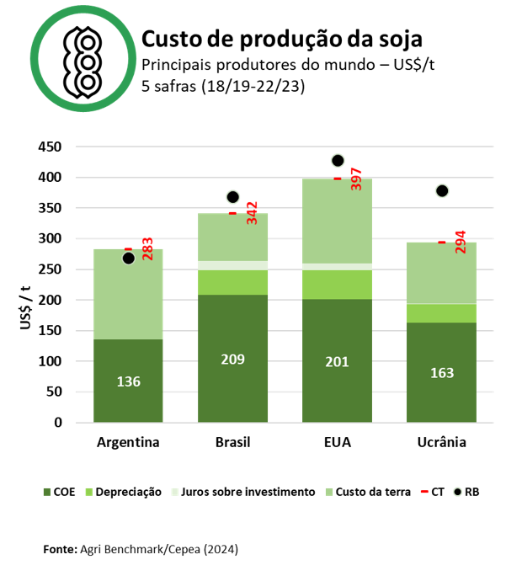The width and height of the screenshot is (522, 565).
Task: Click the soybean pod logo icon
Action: [83, 61]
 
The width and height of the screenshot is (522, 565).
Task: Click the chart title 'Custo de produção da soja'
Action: [281, 40]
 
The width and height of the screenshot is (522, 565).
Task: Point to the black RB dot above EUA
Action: [338, 161]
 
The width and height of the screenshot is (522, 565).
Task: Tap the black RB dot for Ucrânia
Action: [442, 191]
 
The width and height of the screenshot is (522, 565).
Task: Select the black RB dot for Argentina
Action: [128, 259]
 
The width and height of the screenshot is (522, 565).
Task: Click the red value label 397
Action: [355, 179]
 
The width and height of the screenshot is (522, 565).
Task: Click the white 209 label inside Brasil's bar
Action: [232, 360]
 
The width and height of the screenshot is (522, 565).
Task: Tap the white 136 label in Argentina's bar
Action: [128, 381]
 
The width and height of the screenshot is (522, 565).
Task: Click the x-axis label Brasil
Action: [232, 442]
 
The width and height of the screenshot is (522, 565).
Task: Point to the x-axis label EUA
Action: [337, 442]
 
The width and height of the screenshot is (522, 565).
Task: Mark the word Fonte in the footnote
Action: [60, 549]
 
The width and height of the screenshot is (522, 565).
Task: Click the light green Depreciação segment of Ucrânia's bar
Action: [441, 313]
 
